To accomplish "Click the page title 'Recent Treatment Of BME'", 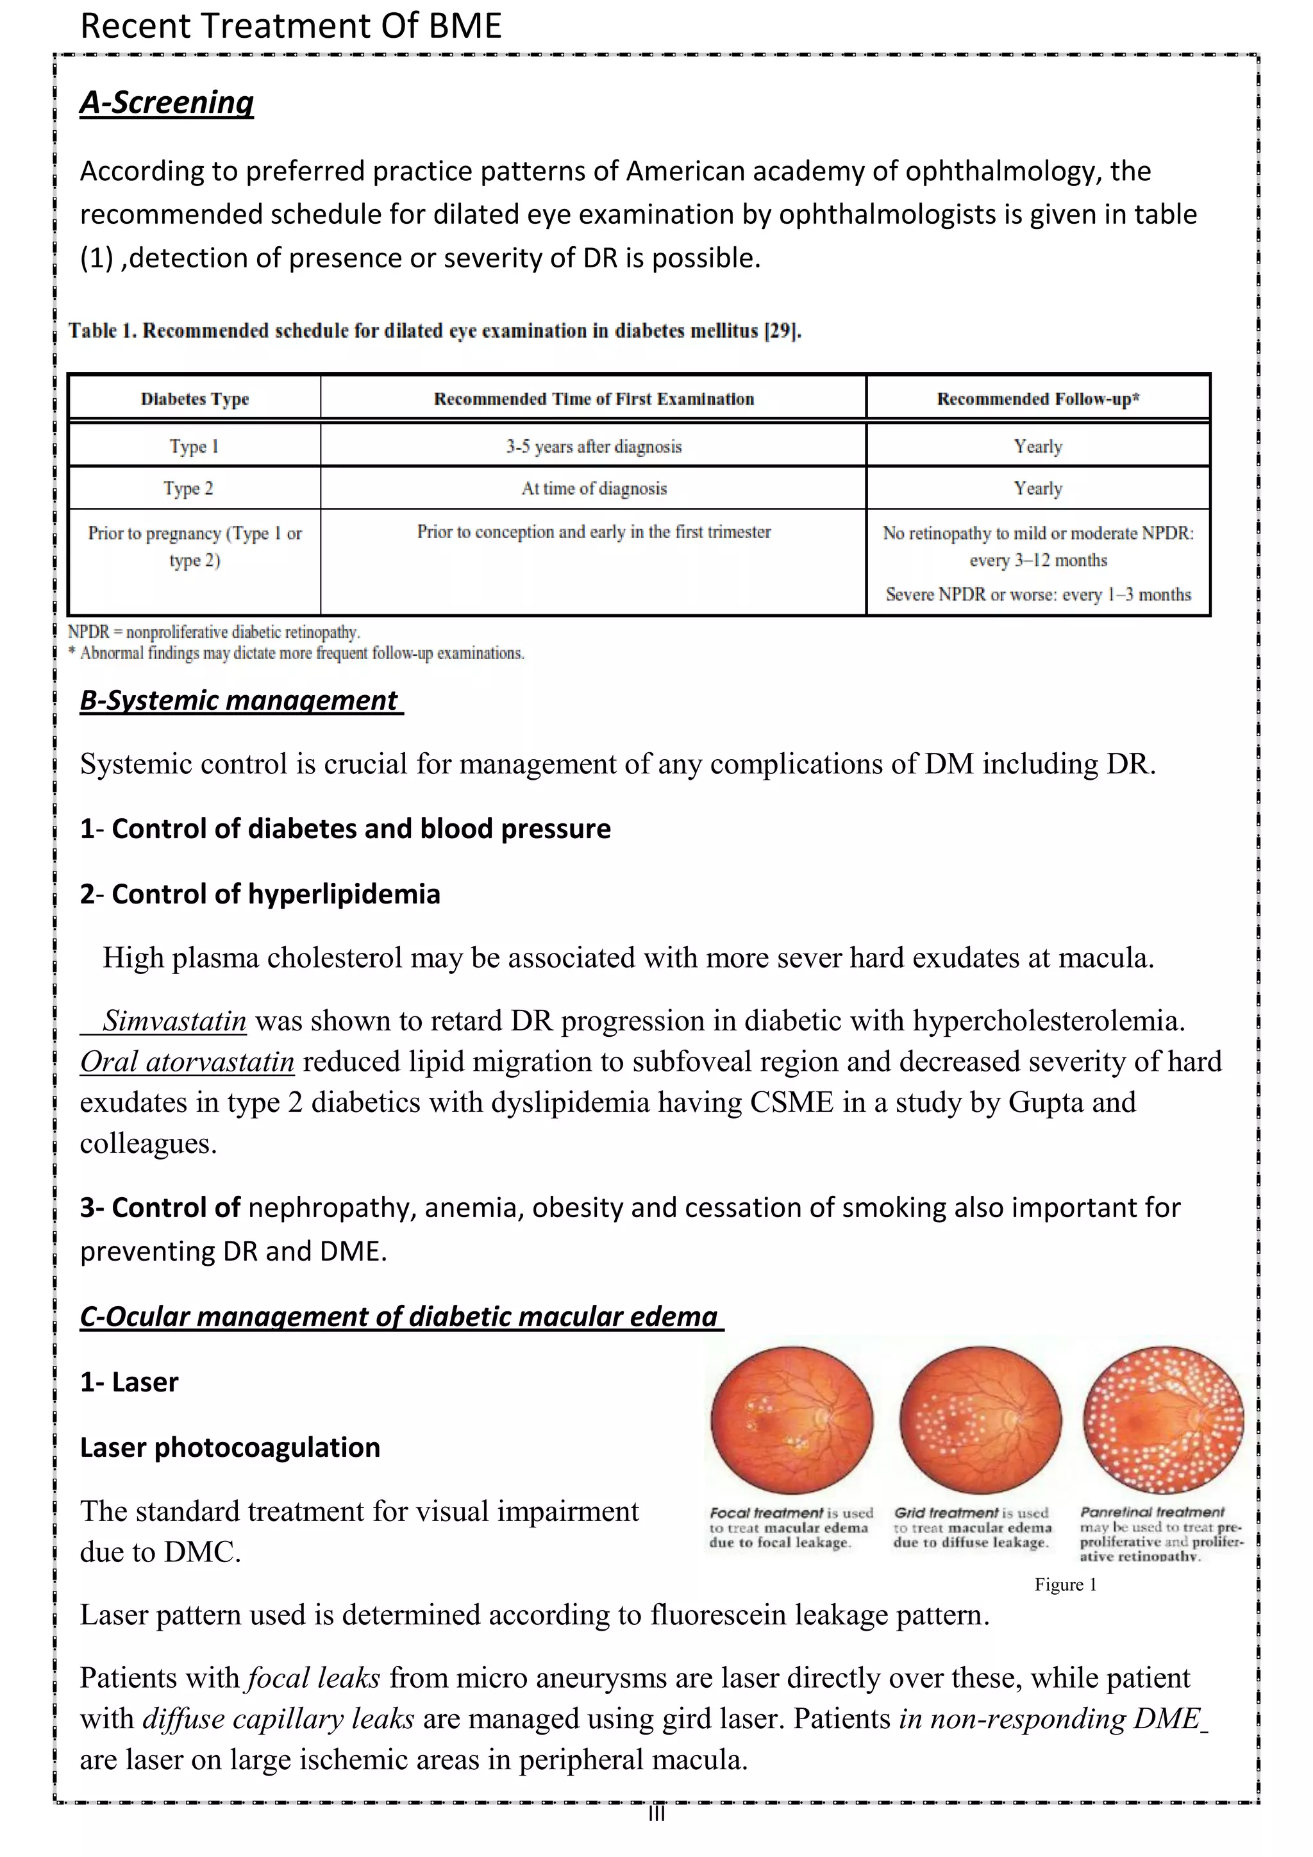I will [x=291, y=26].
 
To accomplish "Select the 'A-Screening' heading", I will [x=167, y=103].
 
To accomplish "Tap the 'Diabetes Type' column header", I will [x=194, y=399].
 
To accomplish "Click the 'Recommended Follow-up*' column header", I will [x=1038, y=399].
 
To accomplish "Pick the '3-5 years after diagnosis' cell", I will [x=594, y=446].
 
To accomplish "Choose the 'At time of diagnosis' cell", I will [x=594, y=489].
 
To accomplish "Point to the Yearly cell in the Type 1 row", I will [x=1038, y=446].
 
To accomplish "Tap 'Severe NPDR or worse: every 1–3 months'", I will [x=1038, y=594].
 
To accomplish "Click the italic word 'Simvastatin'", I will [x=174, y=1021].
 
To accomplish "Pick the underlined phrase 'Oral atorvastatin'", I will [x=187, y=1062].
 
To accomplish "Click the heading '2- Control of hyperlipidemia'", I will [x=260, y=895].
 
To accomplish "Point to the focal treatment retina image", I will [x=792, y=1421].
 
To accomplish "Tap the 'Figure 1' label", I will [x=1066, y=1584].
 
